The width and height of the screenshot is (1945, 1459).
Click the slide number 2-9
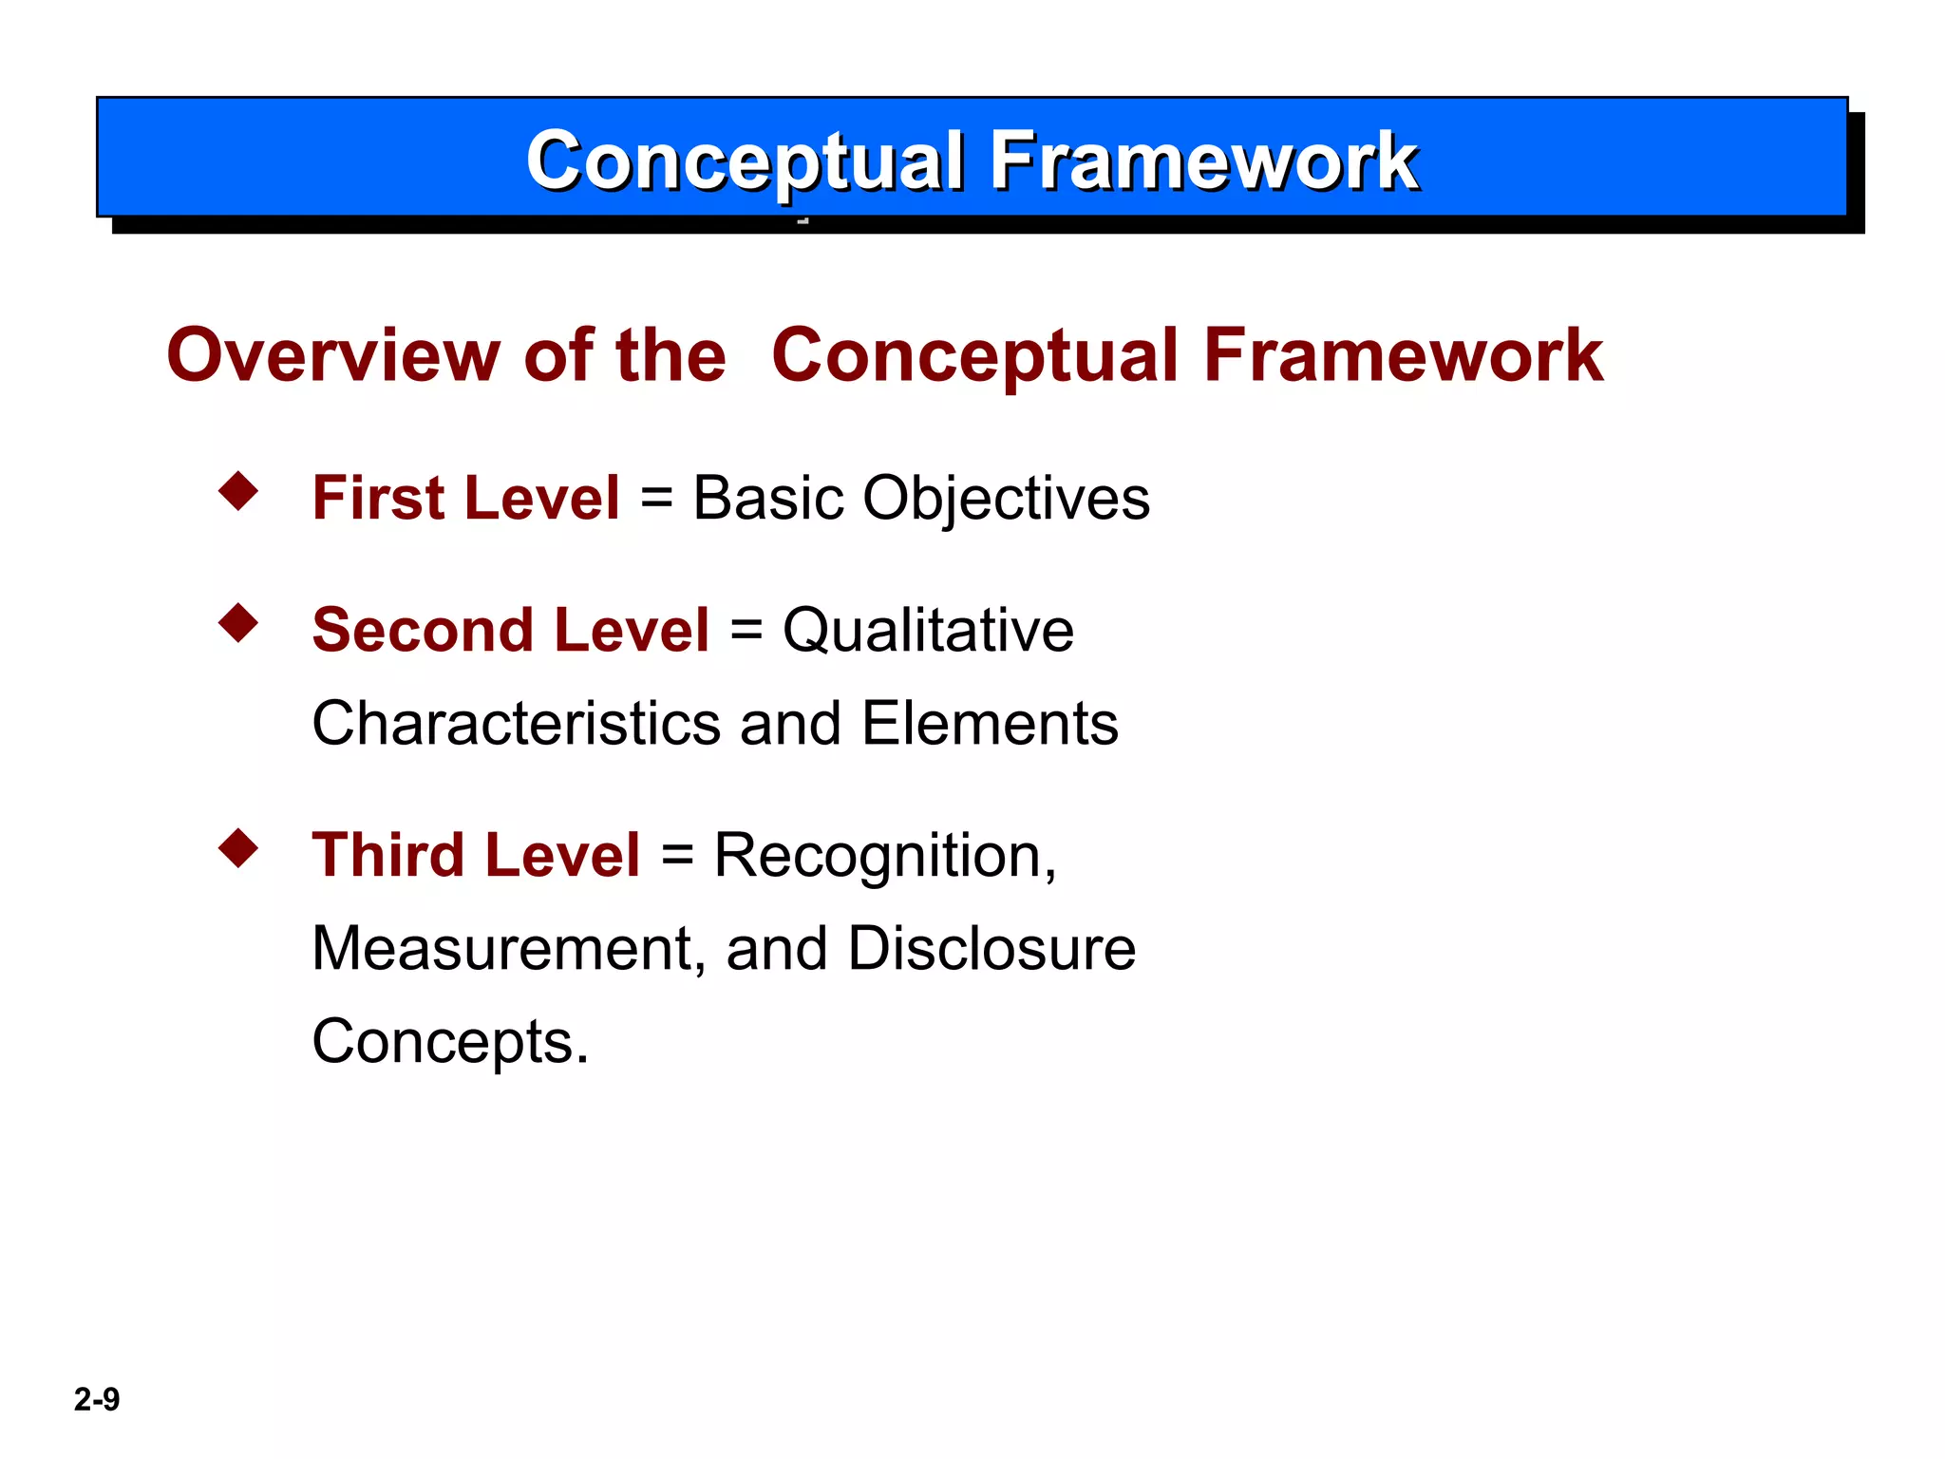(97, 1399)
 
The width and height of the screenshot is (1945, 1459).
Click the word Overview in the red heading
(332, 355)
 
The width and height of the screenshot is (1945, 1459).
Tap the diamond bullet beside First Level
(238, 491)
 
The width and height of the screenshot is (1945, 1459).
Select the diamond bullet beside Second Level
(238, 623)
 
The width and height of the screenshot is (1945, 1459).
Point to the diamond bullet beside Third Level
(238, 848)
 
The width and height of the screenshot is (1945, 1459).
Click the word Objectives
(1006, 500)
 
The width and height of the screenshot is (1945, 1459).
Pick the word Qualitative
(928, 631)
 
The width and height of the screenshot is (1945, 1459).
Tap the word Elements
(990, 723)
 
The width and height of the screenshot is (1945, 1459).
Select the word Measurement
(509, 948)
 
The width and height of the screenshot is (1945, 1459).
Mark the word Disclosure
(991, 948)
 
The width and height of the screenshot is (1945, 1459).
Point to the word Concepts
(450, 1042)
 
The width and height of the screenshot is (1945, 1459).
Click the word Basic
(768, 498)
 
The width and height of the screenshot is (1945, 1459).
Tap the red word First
(378, 498)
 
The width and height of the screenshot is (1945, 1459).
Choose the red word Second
(423, 631)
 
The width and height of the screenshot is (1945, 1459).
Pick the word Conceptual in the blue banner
(746, 161)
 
